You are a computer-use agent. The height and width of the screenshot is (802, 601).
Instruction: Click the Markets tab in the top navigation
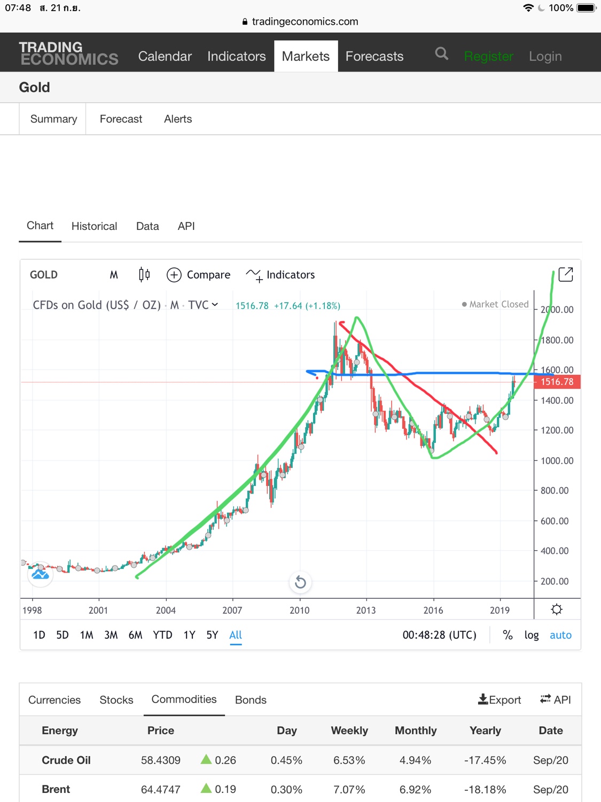point(306,56)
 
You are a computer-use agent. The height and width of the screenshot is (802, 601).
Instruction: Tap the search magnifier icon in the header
point(441,53)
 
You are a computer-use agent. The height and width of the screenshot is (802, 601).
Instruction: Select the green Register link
point(488,56)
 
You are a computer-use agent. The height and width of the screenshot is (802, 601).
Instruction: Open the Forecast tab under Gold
point(121,119)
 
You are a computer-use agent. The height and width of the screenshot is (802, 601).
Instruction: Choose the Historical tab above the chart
point(94,226)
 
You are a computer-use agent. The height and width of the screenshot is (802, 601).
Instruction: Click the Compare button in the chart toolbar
point(199,275)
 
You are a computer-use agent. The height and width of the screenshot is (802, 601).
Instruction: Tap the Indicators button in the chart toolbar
point(280,275)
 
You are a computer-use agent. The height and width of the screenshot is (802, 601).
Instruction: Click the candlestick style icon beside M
point(144,275)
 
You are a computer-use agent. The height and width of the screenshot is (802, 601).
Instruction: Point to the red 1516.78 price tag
point(556,382)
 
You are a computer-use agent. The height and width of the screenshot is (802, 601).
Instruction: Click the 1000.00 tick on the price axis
point(557,461)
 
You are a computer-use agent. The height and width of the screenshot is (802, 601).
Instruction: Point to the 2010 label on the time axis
point(299,610)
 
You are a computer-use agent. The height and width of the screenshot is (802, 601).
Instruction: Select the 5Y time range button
point(212,635)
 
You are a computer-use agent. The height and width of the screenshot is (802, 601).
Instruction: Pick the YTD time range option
point(162,635)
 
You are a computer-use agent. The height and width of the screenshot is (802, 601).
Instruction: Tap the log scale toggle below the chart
point(531,635)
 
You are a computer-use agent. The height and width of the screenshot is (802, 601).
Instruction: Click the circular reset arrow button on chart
point(300,582)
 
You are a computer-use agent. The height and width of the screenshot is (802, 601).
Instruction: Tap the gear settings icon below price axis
point(557,610)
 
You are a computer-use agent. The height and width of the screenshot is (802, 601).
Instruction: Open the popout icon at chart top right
point(565,275)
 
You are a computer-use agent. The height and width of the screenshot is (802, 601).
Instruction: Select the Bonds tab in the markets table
point(251,700)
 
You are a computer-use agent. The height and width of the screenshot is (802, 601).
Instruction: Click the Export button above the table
point(499,699)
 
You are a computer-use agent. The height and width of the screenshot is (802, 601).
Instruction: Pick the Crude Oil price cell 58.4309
point(161,760)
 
